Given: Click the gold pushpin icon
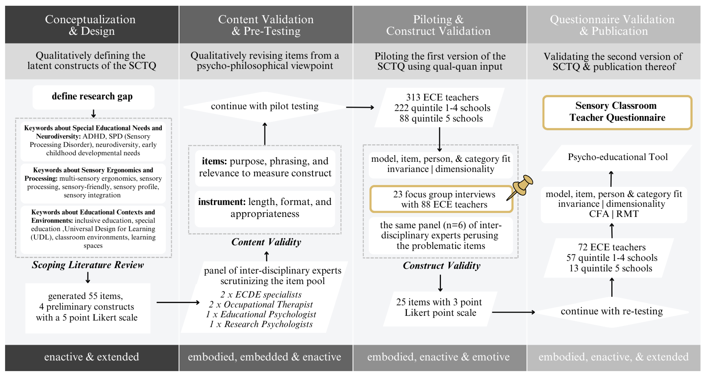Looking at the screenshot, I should click(x=522, y=186).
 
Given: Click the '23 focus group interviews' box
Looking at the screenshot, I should click(x=441, y=199).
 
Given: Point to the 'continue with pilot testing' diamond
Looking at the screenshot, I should click(x=265, y=106).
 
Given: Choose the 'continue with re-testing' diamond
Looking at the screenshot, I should click(x=612, y=312).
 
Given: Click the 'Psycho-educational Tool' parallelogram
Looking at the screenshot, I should click(x=617, y=157).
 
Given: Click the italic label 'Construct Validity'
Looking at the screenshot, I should click(x=441, y=266).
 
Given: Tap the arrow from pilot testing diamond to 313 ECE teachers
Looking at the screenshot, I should click(x=360, y=107).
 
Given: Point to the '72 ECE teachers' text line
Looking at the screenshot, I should click(x=612, y=247).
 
